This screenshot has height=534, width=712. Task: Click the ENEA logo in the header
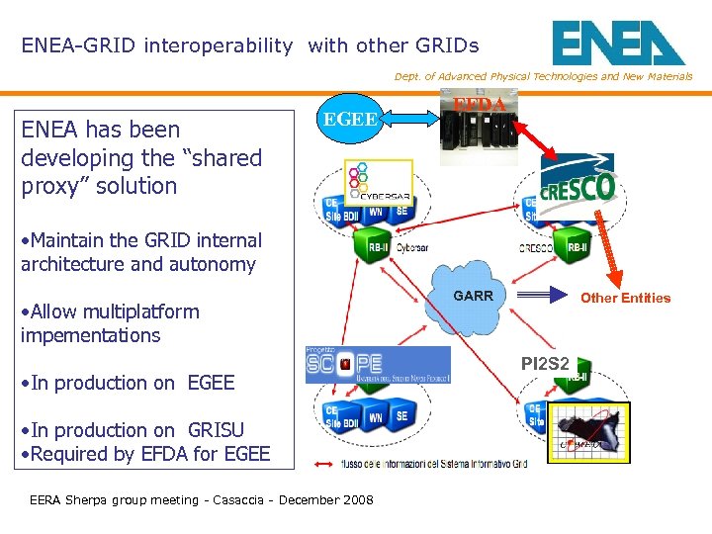[617, 43]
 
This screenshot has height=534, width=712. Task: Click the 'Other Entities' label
[625, 298]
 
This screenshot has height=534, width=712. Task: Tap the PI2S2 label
[545, 364]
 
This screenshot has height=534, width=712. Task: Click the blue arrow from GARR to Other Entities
[545, 295]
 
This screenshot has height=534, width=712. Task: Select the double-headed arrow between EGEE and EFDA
[410, 119]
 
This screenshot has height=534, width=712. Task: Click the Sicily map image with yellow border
[590, 434]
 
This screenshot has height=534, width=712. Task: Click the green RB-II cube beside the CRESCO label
[574, 247]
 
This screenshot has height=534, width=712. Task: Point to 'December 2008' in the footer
[326, 499]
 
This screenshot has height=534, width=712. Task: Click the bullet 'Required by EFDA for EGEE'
[145, 454]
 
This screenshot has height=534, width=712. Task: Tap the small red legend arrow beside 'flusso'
[324, 463]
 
